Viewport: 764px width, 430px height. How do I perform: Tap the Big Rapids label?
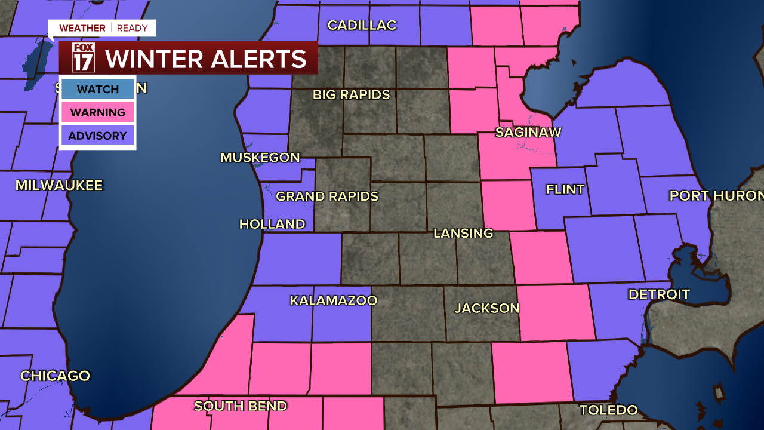[x=352, y=95]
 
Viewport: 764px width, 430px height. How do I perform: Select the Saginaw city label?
[x=528, y=132]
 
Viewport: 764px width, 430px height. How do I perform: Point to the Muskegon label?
[x=260, y=158]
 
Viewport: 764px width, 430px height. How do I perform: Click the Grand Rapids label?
[x=327, y=196]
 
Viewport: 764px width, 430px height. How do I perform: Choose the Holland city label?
[x=272, y=224]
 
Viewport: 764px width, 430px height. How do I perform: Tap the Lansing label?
[x=463, y=233]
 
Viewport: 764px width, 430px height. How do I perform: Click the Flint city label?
[x=565, y=190]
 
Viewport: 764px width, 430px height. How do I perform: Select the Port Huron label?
[x=716, y=196]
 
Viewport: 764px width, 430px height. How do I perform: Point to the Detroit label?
[x=659, y=294]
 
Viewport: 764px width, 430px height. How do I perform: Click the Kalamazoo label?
[x=334, y=300]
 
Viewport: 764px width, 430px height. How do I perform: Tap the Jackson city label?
[x=487, y=308]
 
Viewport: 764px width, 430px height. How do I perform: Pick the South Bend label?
[x=241, y=406]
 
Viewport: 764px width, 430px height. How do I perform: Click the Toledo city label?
[x=609, y=410]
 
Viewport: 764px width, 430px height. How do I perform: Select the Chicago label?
[x=55, y=376]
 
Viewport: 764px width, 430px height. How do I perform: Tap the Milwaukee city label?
[x=59, y=185]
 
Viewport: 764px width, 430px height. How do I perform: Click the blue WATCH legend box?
[x=98, y=90]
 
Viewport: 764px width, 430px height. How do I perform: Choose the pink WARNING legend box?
[x=98, y=112]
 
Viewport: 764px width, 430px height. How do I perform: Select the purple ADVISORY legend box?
[x=98, y=136]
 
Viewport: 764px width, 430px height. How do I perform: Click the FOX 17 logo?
[x=83, y=58]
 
